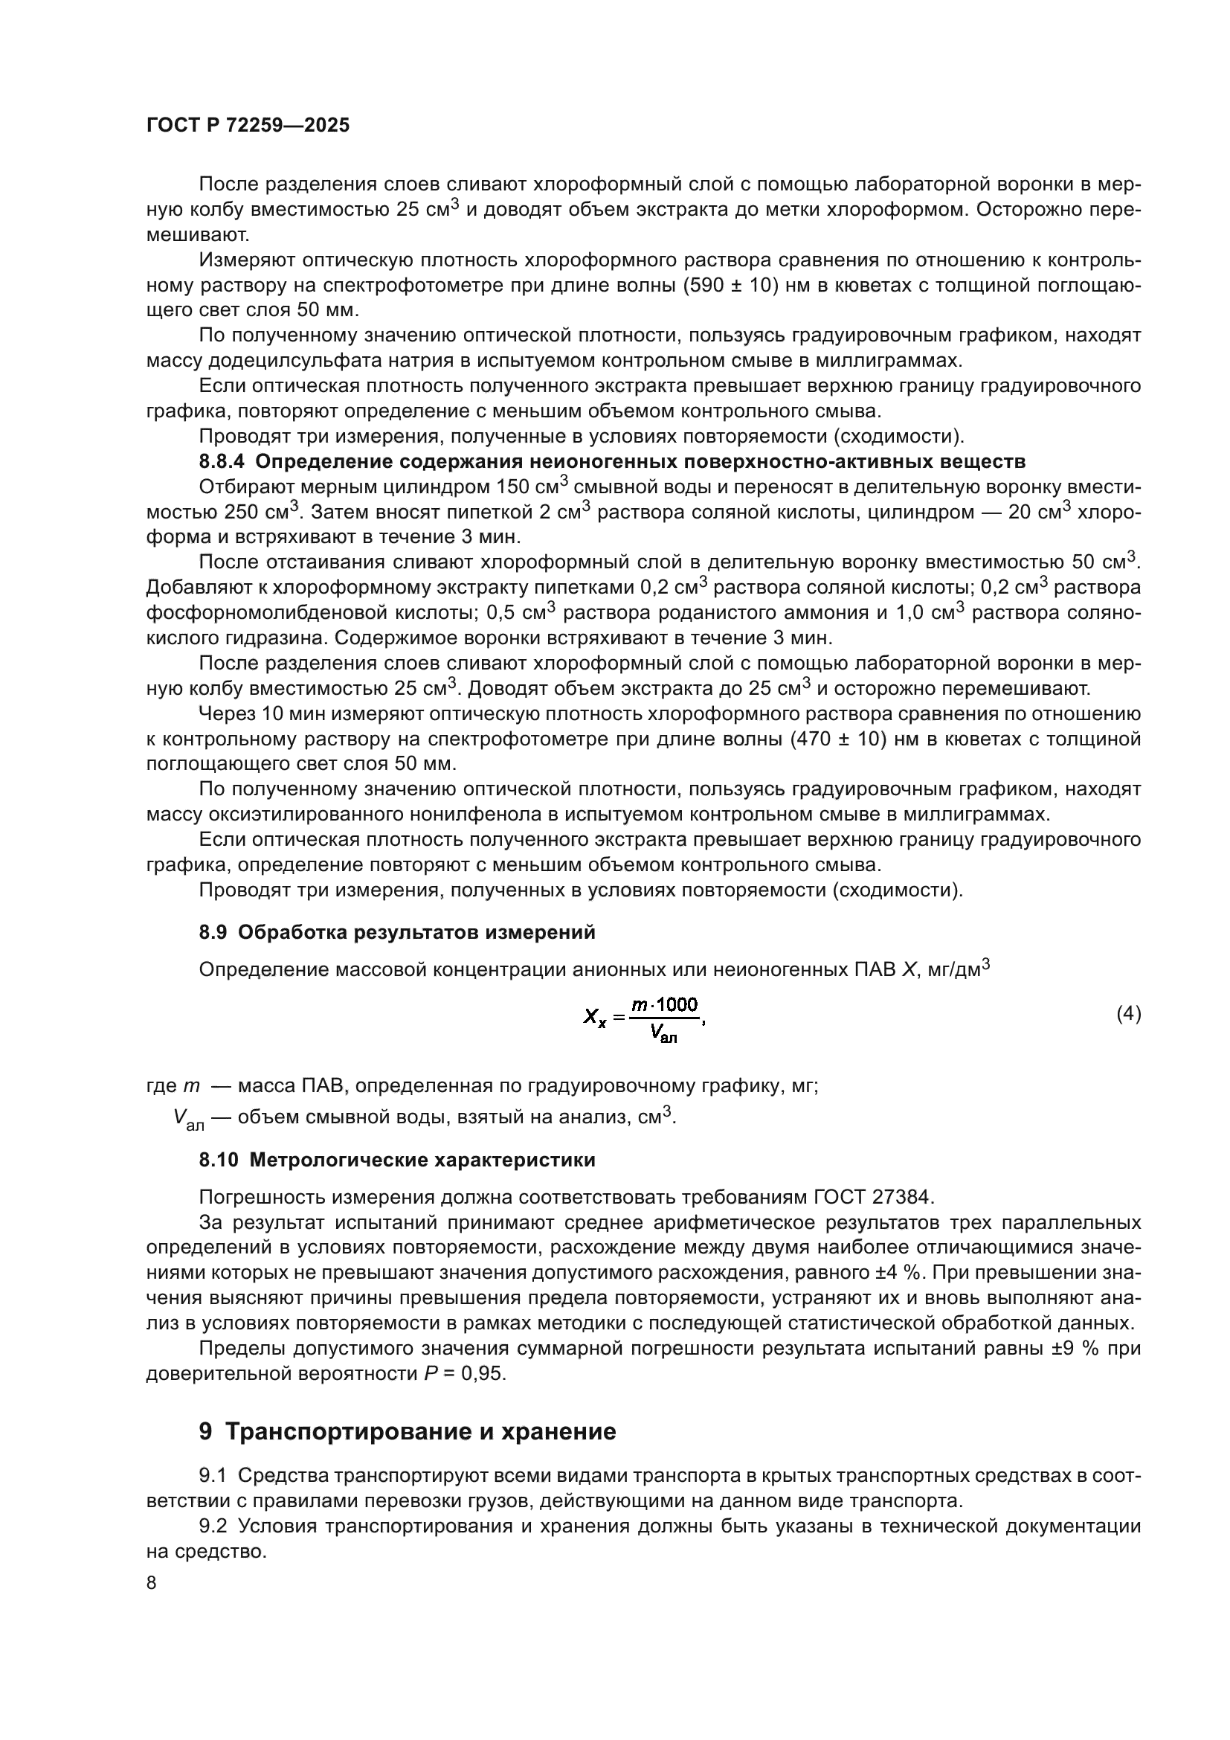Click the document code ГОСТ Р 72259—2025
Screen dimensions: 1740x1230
click(248, 126)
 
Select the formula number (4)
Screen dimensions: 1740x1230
click(1128, 1014)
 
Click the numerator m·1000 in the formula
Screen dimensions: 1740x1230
click(665, 1005)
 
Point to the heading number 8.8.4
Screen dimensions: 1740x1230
click(222, 461)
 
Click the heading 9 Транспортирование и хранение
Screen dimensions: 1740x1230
click(408, 1431)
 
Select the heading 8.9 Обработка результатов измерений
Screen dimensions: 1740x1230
click(397, 932)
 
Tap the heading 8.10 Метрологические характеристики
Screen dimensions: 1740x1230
click(397, 1160)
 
